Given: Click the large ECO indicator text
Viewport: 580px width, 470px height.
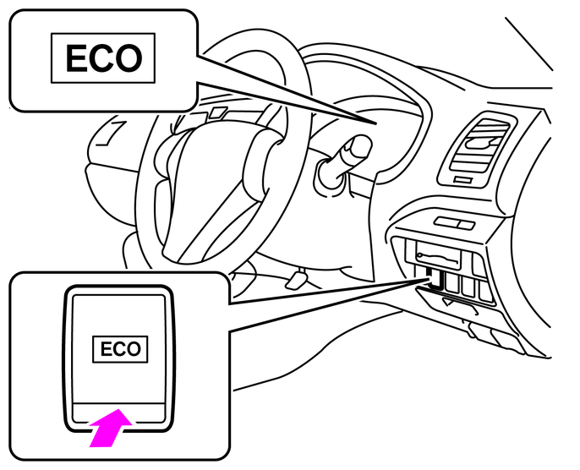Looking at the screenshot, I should click(105, 58).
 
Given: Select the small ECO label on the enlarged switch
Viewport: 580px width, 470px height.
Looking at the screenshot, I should click(120, 349).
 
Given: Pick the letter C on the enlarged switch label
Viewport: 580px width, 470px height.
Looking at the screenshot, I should click(120, 349).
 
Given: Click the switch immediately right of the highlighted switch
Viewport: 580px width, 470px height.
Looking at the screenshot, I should click(451, 282).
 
